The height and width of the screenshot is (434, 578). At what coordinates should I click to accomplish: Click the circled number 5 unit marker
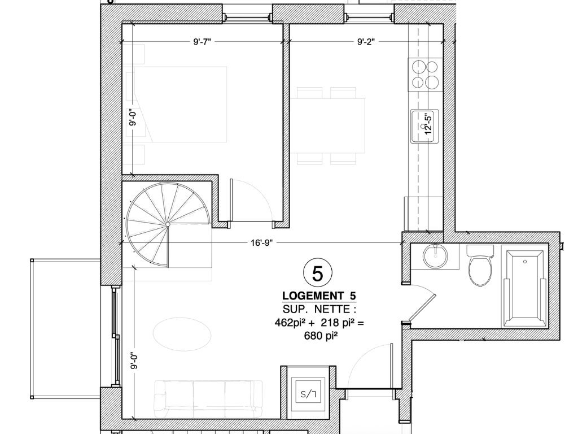coord(317,273)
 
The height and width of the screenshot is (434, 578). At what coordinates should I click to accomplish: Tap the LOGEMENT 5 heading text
coord(319,296)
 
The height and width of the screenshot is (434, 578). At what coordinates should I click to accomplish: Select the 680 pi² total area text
coord(321,336)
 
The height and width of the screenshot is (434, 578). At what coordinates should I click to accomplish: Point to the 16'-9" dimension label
coord(261,243)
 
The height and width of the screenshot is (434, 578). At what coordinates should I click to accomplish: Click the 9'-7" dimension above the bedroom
coord(202,42)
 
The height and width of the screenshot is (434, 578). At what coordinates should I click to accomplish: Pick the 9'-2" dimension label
coord(366,42)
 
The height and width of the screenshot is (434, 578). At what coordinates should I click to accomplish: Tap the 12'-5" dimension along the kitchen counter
coord(428,124)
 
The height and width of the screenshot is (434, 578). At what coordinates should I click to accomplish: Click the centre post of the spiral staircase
coord(168,224)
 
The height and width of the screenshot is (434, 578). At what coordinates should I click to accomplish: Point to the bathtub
coord(524,289)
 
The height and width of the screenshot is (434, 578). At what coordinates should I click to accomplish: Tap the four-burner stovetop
coord(425,75)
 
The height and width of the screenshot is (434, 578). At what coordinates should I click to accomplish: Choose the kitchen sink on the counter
coord(424,126)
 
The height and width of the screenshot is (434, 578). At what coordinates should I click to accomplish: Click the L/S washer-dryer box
coord(308,393)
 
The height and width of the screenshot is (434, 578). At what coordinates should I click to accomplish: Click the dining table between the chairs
coord(327,125)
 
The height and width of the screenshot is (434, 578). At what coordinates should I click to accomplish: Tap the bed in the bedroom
coord(176,105)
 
